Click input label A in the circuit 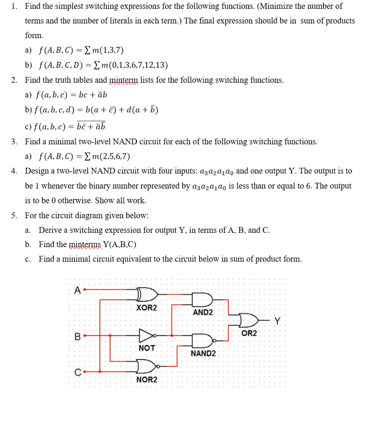[77, 290]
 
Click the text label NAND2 [203, 354]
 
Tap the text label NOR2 [147, 380]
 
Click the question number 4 [14, 171]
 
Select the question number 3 [14, 142]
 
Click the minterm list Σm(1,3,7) [102, 51]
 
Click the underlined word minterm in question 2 [124, 80]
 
